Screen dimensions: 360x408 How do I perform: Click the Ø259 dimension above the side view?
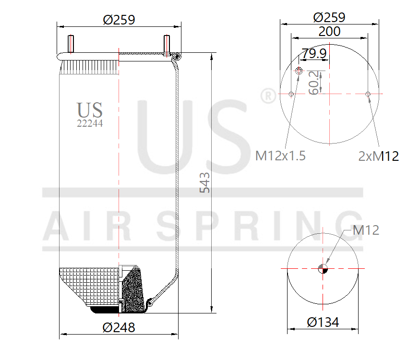click(119, 20)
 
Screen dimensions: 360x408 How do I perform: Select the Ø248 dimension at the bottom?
click(119, 327)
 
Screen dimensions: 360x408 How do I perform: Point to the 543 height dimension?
click(205, 182)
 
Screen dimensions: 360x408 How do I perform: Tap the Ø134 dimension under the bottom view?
click(323, 322)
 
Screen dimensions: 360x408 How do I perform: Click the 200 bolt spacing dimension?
click(329, 32)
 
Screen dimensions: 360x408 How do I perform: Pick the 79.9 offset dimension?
click(314, 54)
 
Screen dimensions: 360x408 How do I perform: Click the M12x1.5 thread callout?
click(280, 156)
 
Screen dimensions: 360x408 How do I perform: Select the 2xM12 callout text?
click(378, 156)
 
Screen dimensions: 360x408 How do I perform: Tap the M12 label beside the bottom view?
click(366, 230)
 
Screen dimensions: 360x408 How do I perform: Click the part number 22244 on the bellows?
click(90, 123)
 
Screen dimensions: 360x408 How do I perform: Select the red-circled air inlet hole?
click(299, 72)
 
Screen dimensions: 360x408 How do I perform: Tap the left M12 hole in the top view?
click(291, 94)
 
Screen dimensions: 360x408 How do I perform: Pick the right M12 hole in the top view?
click(368, 94)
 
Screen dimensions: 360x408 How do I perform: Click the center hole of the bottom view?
click(323, 269)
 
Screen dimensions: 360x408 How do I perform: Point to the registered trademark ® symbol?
click(267, 96)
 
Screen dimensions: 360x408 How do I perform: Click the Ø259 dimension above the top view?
click(329, 17)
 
